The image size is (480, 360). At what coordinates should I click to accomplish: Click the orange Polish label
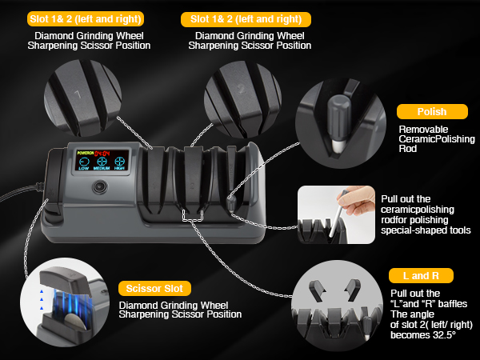pyautogui.click(x=432, y=112)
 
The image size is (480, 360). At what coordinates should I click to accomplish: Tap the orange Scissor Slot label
pyautogui.click(x=154, y=288)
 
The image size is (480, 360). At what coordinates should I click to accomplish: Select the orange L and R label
pyautogui.click(x=421, y=275)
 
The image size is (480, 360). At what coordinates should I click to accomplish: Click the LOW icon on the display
pyautogui.click(x=84, y=163)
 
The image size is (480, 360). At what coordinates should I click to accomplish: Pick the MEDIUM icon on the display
pyautogui.click(x=102, y=163)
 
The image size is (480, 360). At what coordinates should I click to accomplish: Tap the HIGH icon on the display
pyautogui.click(x=119, y=163)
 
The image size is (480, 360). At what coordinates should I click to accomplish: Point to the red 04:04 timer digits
pyautogui.click(x=102, y=154)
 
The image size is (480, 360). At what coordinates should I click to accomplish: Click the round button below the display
pyautogui.click(x=100, y=186)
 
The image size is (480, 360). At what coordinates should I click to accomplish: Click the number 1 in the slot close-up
pyautogui.click(x=78, y=94)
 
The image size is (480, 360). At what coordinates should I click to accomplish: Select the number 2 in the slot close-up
pyautogui.click(x=242, y=90)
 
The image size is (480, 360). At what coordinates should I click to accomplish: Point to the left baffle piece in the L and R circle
pyautogui.click(x=317, y=290)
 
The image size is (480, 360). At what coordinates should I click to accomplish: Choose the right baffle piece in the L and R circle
pyautogui.click(x=353, y=290)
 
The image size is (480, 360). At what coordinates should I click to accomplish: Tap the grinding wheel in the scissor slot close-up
pyautogui.click(x=75, y=322)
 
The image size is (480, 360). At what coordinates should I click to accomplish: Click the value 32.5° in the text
pyautogui.click(x=444, y=335)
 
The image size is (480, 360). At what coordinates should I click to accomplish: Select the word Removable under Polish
pyautogui.click(x=423, y=129)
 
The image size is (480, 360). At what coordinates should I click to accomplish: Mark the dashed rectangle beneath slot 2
pyautogui.click(x=193, y=215)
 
